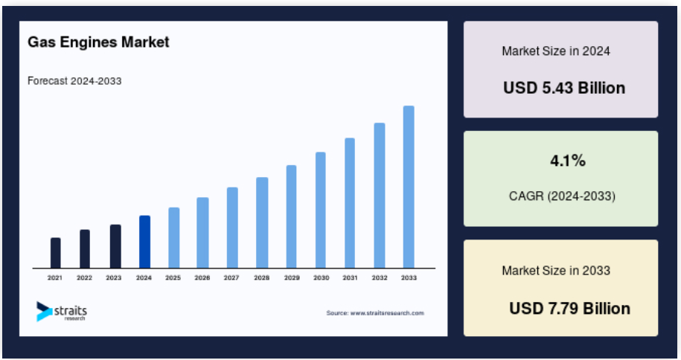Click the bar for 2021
coord(56,253)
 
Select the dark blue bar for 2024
coord(144,242)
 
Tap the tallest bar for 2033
coord(409,187)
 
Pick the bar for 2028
coord(262,223)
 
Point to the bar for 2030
coord(321,210)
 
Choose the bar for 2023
coord(115,246)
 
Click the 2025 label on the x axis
coord(173,277)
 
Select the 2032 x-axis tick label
coord(379,277)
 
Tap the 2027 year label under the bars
coord(231,277)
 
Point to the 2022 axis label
coord(84,277)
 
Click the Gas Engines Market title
coord(98,42)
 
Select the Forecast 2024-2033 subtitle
coord(74,81)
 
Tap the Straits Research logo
coord(61,312)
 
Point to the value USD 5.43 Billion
coord(564,89)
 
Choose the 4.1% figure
coord(568,161)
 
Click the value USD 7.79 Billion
coord(570,309)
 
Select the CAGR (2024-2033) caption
coord(562,196)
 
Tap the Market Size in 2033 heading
coord(556,271)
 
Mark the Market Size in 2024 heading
coord(556,51)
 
